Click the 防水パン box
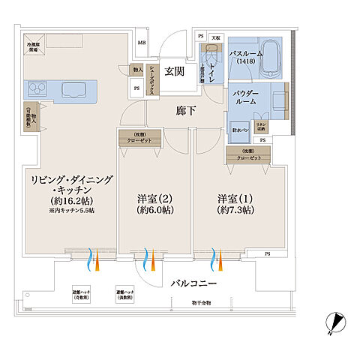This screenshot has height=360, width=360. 239,127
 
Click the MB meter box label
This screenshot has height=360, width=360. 141,42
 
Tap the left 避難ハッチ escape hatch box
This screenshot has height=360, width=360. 81,295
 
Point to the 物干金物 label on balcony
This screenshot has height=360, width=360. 199,303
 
